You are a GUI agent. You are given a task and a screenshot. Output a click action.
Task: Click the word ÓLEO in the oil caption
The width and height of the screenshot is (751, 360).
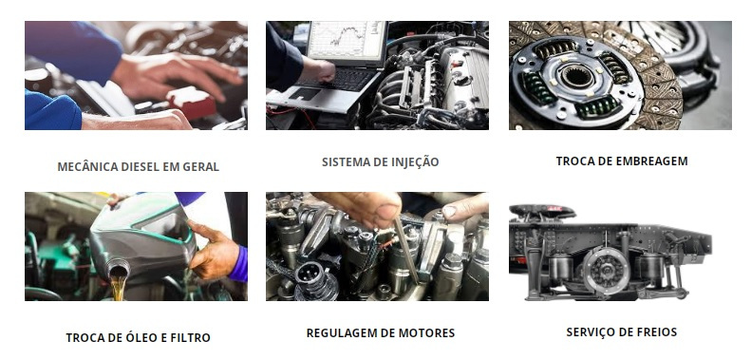tap(140, 337)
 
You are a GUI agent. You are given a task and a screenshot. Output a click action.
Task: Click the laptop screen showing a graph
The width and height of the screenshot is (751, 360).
tap(347, 41)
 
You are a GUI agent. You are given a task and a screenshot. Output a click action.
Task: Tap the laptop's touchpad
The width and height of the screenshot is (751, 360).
tap(304, 93)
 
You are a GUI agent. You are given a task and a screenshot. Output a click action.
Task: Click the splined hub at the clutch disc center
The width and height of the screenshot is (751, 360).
tap(577, 76)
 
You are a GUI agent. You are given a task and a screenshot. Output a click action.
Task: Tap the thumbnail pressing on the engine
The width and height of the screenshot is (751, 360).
tap(388, 212)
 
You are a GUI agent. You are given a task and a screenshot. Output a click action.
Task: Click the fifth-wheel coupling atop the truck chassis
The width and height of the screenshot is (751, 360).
tap(542, 211)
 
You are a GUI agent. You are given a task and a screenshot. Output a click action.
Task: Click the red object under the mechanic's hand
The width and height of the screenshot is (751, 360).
tap(193, 104)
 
